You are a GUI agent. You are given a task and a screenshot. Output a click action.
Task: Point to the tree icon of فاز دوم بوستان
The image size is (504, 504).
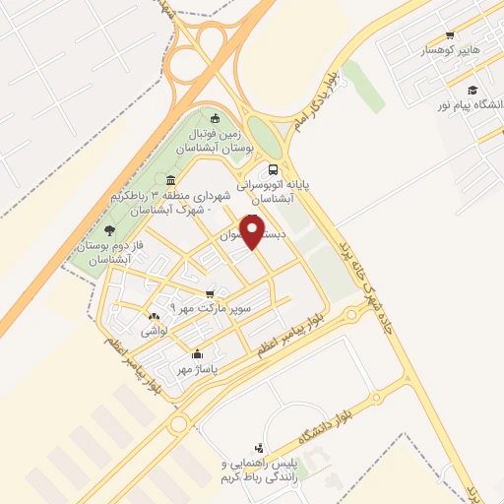click(x=123, y=229)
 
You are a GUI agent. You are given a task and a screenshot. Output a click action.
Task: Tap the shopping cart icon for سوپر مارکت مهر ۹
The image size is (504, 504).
click(x=209, y=293)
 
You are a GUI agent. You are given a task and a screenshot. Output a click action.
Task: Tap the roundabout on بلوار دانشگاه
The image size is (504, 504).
click(x=376, y=399)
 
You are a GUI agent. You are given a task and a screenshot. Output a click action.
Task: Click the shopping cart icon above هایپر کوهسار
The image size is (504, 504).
click(x=450, y=34)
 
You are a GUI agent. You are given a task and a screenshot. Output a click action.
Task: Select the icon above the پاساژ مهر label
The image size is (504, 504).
click(x=198, y=354)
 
